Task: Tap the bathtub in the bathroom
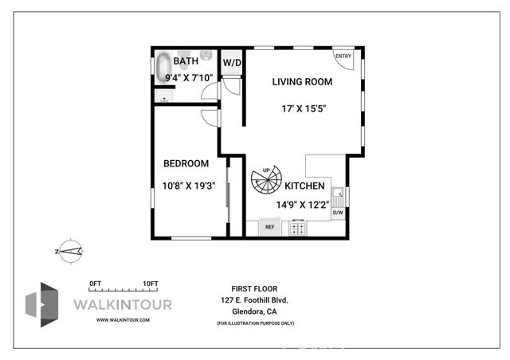point(164,68)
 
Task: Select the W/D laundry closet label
point(232,62)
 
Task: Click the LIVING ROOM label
point(301,81)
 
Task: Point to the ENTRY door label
point(343,56)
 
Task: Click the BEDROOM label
point(186,163)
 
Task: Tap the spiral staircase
point(266,182)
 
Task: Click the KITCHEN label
point(304,186)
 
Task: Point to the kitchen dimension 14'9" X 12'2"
point(303,205)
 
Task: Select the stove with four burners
point(298,228)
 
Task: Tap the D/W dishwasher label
point(337,213)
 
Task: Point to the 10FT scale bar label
point(151,284)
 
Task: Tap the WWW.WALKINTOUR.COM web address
point(123,319)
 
